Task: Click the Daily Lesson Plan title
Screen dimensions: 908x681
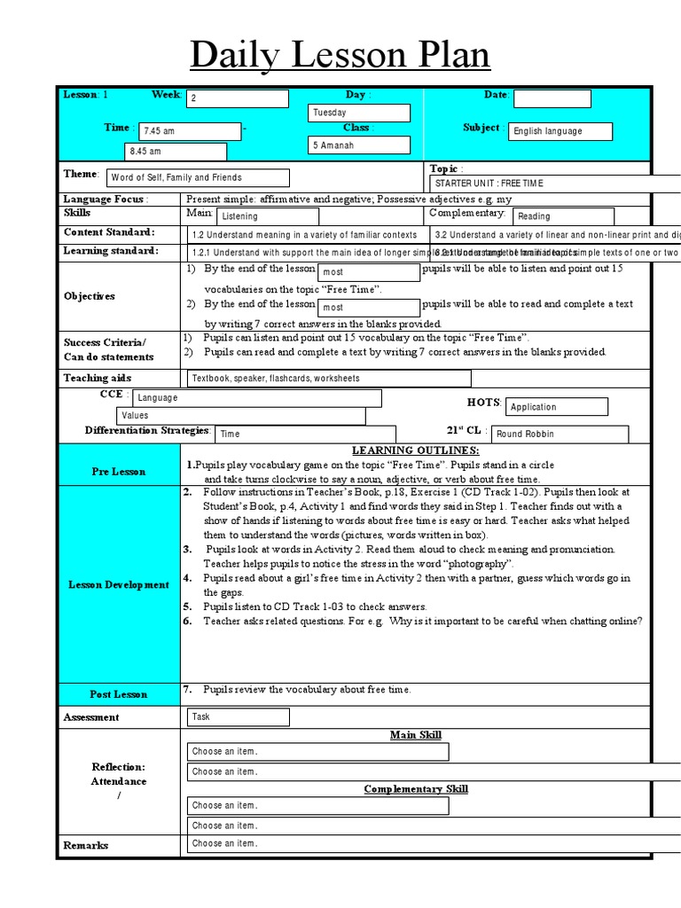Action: [340, 55]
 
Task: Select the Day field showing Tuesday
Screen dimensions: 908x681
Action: [359, 113]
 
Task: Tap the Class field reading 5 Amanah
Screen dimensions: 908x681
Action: [359, 145]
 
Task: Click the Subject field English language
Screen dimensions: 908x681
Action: [560, 131]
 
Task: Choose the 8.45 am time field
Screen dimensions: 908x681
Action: [183, 151]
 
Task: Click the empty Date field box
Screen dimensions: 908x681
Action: [552, 98]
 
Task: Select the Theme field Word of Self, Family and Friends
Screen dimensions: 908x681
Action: [197, 177]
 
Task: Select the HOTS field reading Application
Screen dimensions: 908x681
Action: [557, 407]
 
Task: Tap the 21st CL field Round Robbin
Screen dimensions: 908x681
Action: [560, 434]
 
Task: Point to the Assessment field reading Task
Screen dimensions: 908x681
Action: [238, 716]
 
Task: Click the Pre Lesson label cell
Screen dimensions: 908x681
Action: [119, 472]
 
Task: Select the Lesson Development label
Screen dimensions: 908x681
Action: [119, 584]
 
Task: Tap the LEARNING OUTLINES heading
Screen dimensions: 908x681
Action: [415, 450]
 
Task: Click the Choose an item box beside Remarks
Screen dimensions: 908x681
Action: [317, 843]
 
